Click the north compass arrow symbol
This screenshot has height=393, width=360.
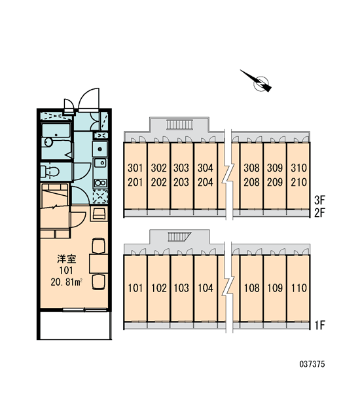(x=259, y=82)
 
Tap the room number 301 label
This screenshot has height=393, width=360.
(x=135, y=168)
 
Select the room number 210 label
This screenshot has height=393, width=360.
(x=298, y=182)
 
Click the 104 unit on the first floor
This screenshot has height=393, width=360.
(x=206, y=288)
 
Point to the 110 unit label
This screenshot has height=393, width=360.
(x=299, y=288)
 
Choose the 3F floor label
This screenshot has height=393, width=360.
(x=319, y=200)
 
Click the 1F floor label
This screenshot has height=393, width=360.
(x=319, y=326)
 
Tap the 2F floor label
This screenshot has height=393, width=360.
(x=319, y=213)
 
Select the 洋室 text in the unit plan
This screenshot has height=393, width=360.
(x=66, y=259)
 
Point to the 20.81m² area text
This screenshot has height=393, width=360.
(x=67, y=282)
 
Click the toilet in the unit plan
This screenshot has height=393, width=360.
(x=50, y=172)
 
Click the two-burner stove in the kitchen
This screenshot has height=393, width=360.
(x=100, y=183)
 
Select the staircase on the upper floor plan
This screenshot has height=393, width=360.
(x=179, y=124)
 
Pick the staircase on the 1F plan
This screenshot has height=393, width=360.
(x=179, y=236)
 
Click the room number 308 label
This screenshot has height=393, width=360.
(x=251, y=168)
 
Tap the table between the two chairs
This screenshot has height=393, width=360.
(x=98, y=263)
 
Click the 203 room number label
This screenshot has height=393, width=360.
(x=181, y=182)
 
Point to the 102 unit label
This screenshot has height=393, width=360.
(x=159, y=288)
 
